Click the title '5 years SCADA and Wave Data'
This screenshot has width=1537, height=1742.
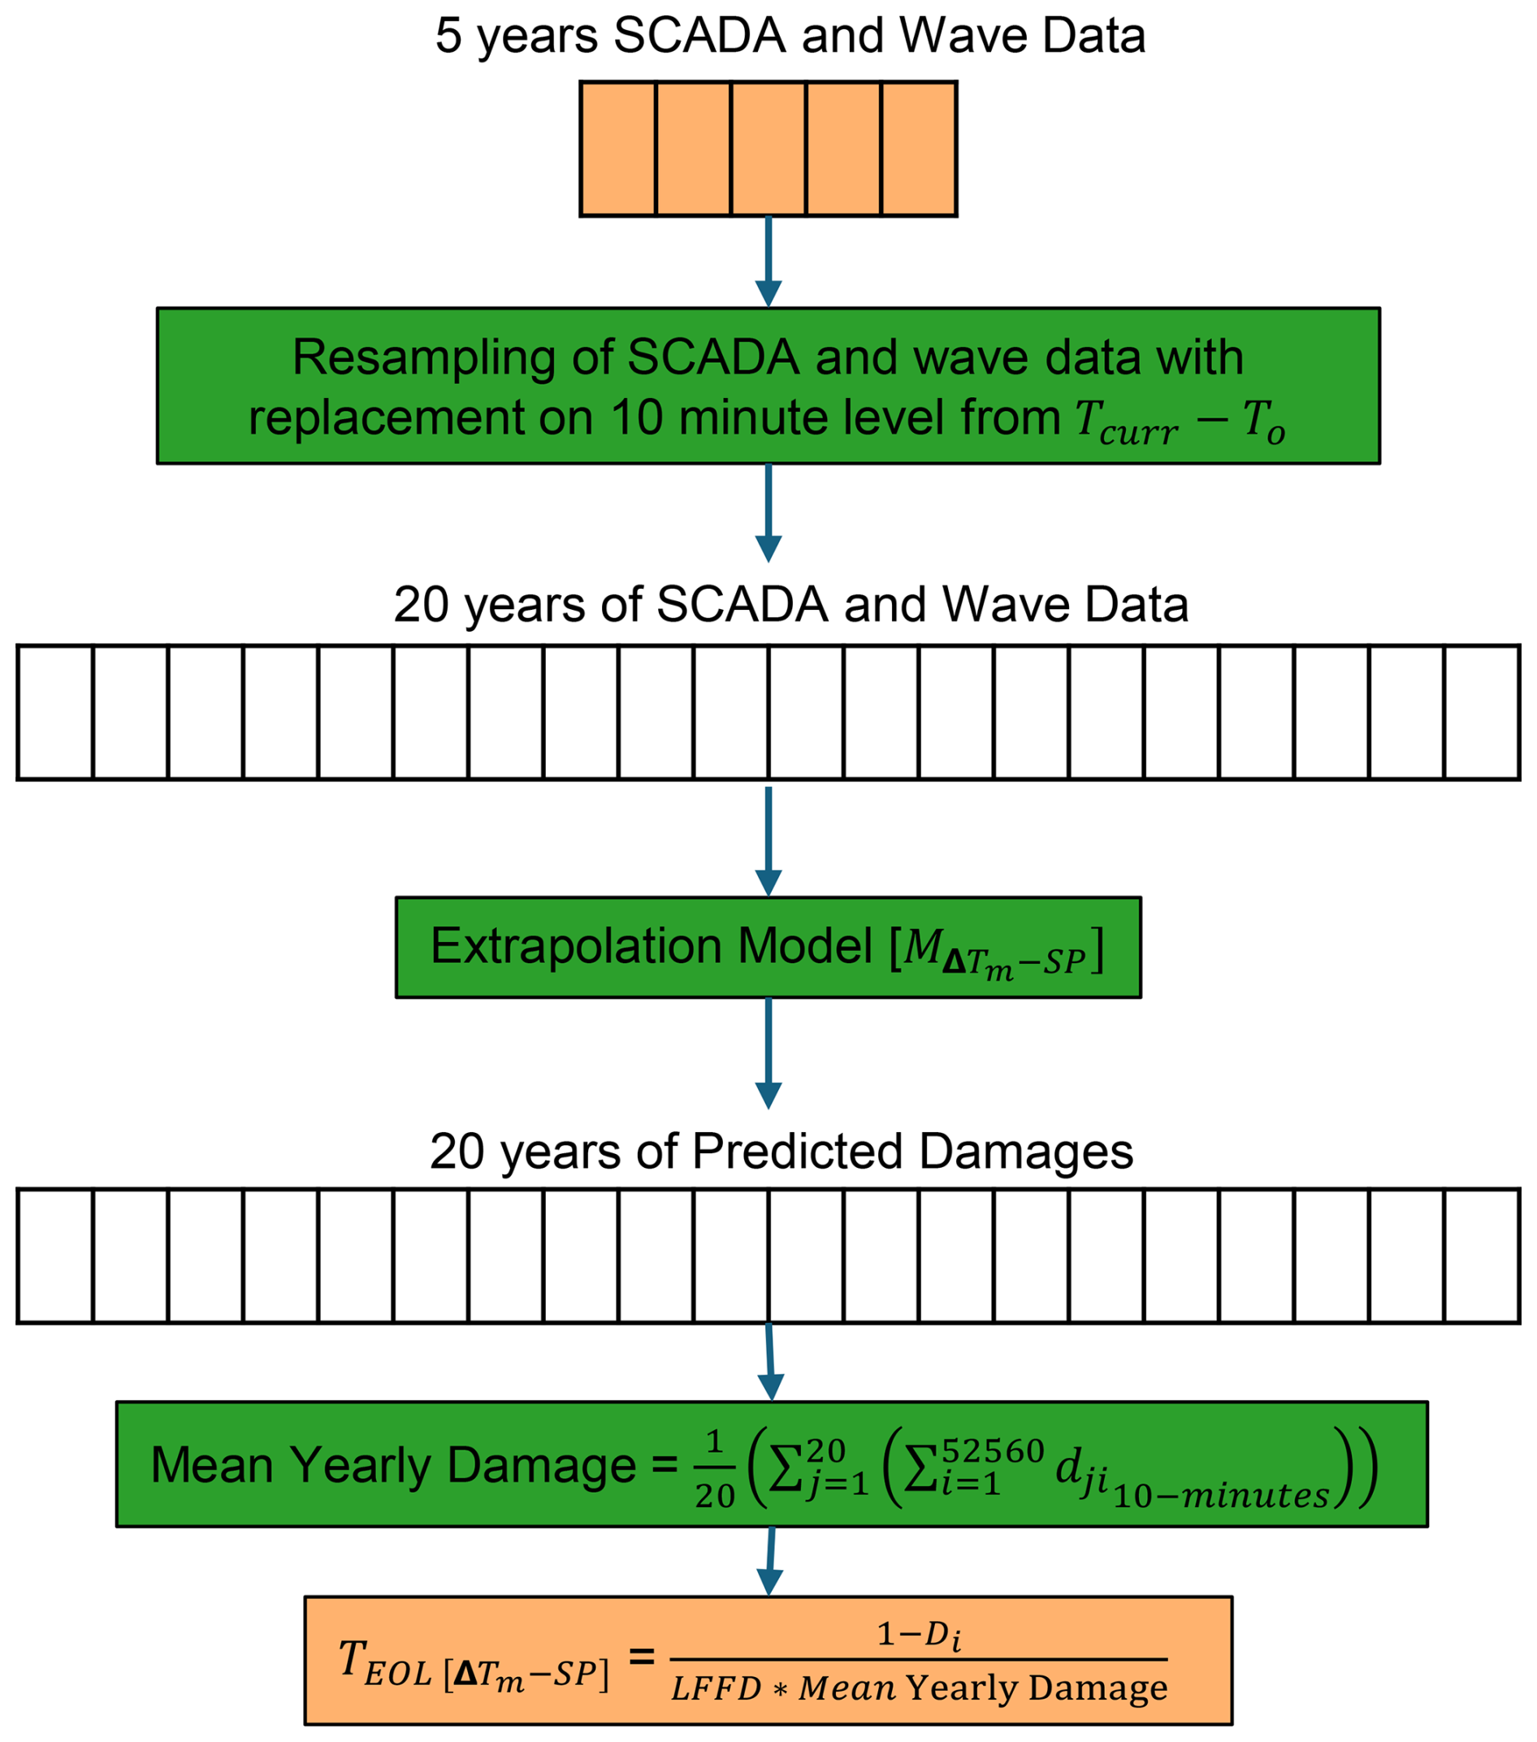coord(790,36)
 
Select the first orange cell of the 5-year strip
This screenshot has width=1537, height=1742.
coord(618,149)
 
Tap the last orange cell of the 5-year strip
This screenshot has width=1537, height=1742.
coord(918,149)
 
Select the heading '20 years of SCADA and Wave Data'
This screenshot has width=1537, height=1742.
coord(790,604)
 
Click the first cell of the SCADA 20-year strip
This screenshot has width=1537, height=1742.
coord(55,712)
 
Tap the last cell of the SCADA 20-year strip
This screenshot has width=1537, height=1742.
coord(1482,712)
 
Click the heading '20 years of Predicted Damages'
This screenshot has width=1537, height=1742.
coord(781,1152)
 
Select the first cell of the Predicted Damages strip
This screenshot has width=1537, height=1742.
coord(55,1256)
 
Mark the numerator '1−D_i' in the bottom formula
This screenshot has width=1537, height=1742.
coord(918,1634)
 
